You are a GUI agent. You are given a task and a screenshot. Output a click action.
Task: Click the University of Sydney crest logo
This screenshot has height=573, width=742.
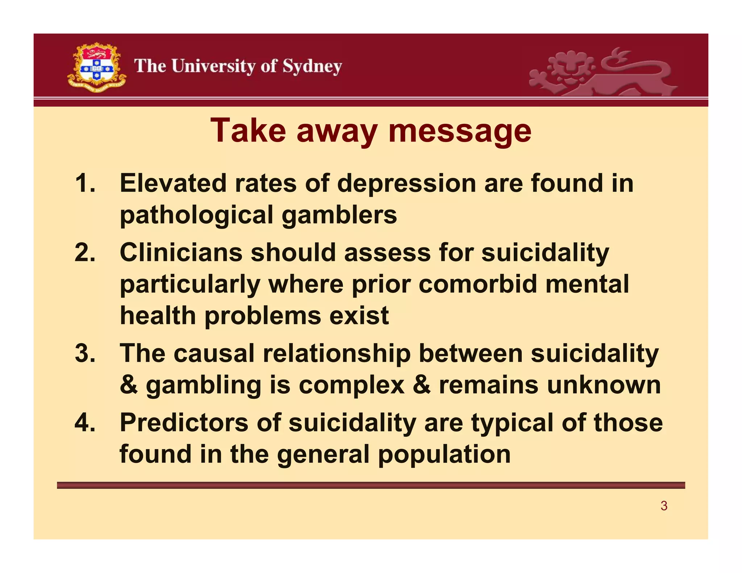point(97,68)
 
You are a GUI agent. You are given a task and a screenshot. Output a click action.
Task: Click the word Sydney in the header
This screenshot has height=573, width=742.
point(312,67)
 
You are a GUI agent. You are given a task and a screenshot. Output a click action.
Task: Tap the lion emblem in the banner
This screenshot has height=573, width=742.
point(601,72)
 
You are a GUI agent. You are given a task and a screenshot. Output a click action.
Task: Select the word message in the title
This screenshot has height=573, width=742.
point(459,131)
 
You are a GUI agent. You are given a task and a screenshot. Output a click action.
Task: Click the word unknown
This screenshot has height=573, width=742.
point(604,385)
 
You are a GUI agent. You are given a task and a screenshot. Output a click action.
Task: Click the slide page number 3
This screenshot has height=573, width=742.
point(664,506)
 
